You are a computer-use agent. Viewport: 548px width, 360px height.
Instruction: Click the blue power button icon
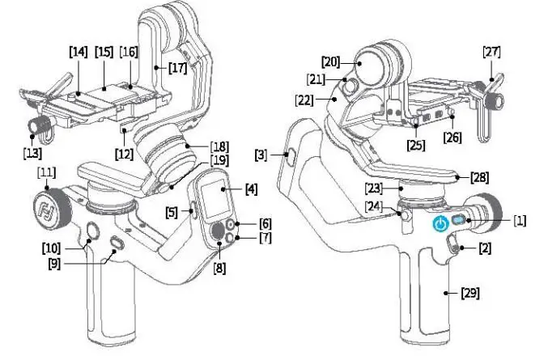point(440,224)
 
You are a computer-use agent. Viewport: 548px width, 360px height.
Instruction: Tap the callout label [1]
point(520,219)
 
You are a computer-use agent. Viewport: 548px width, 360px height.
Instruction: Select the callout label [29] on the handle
point(470,292)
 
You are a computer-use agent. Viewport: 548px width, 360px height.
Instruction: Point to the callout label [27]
point(491,53)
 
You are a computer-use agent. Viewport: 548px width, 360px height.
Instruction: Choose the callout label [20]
point(329,61)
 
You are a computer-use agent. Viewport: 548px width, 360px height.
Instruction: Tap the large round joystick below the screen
point(218,232)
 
